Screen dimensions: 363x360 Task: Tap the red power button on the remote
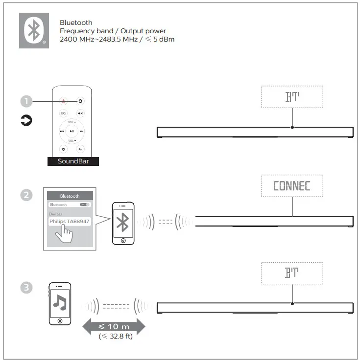pos(63,101)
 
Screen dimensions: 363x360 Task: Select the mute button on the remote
pos(81,113)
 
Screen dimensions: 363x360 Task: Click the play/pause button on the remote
pos(72,131)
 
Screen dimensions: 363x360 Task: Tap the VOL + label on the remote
pos(72,122)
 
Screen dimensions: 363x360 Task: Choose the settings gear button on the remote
pos(63,149)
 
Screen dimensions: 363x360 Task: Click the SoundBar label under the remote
pos(73,161)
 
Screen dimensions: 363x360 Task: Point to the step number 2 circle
pos(26,195)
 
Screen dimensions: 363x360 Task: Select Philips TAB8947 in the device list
pos(69,222)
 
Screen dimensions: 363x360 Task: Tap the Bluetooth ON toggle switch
pos(85,204)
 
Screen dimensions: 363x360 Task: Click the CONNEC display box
pos(291,186)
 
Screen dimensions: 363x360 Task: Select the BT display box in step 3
pos(292,273)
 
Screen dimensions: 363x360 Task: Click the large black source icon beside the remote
pos(26,120)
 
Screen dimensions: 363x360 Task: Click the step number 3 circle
pos(26,287)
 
